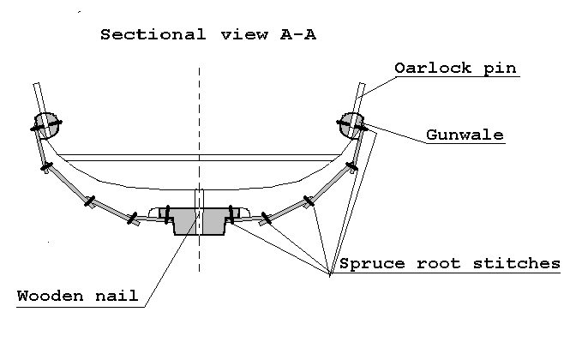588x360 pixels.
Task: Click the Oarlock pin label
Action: click(455, 68)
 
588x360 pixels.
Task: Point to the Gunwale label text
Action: click(465, 135)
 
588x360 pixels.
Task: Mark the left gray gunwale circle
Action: click(45, 124)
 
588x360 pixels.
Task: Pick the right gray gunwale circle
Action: click(351, 123)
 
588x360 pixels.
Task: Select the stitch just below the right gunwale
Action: click(351, 166)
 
